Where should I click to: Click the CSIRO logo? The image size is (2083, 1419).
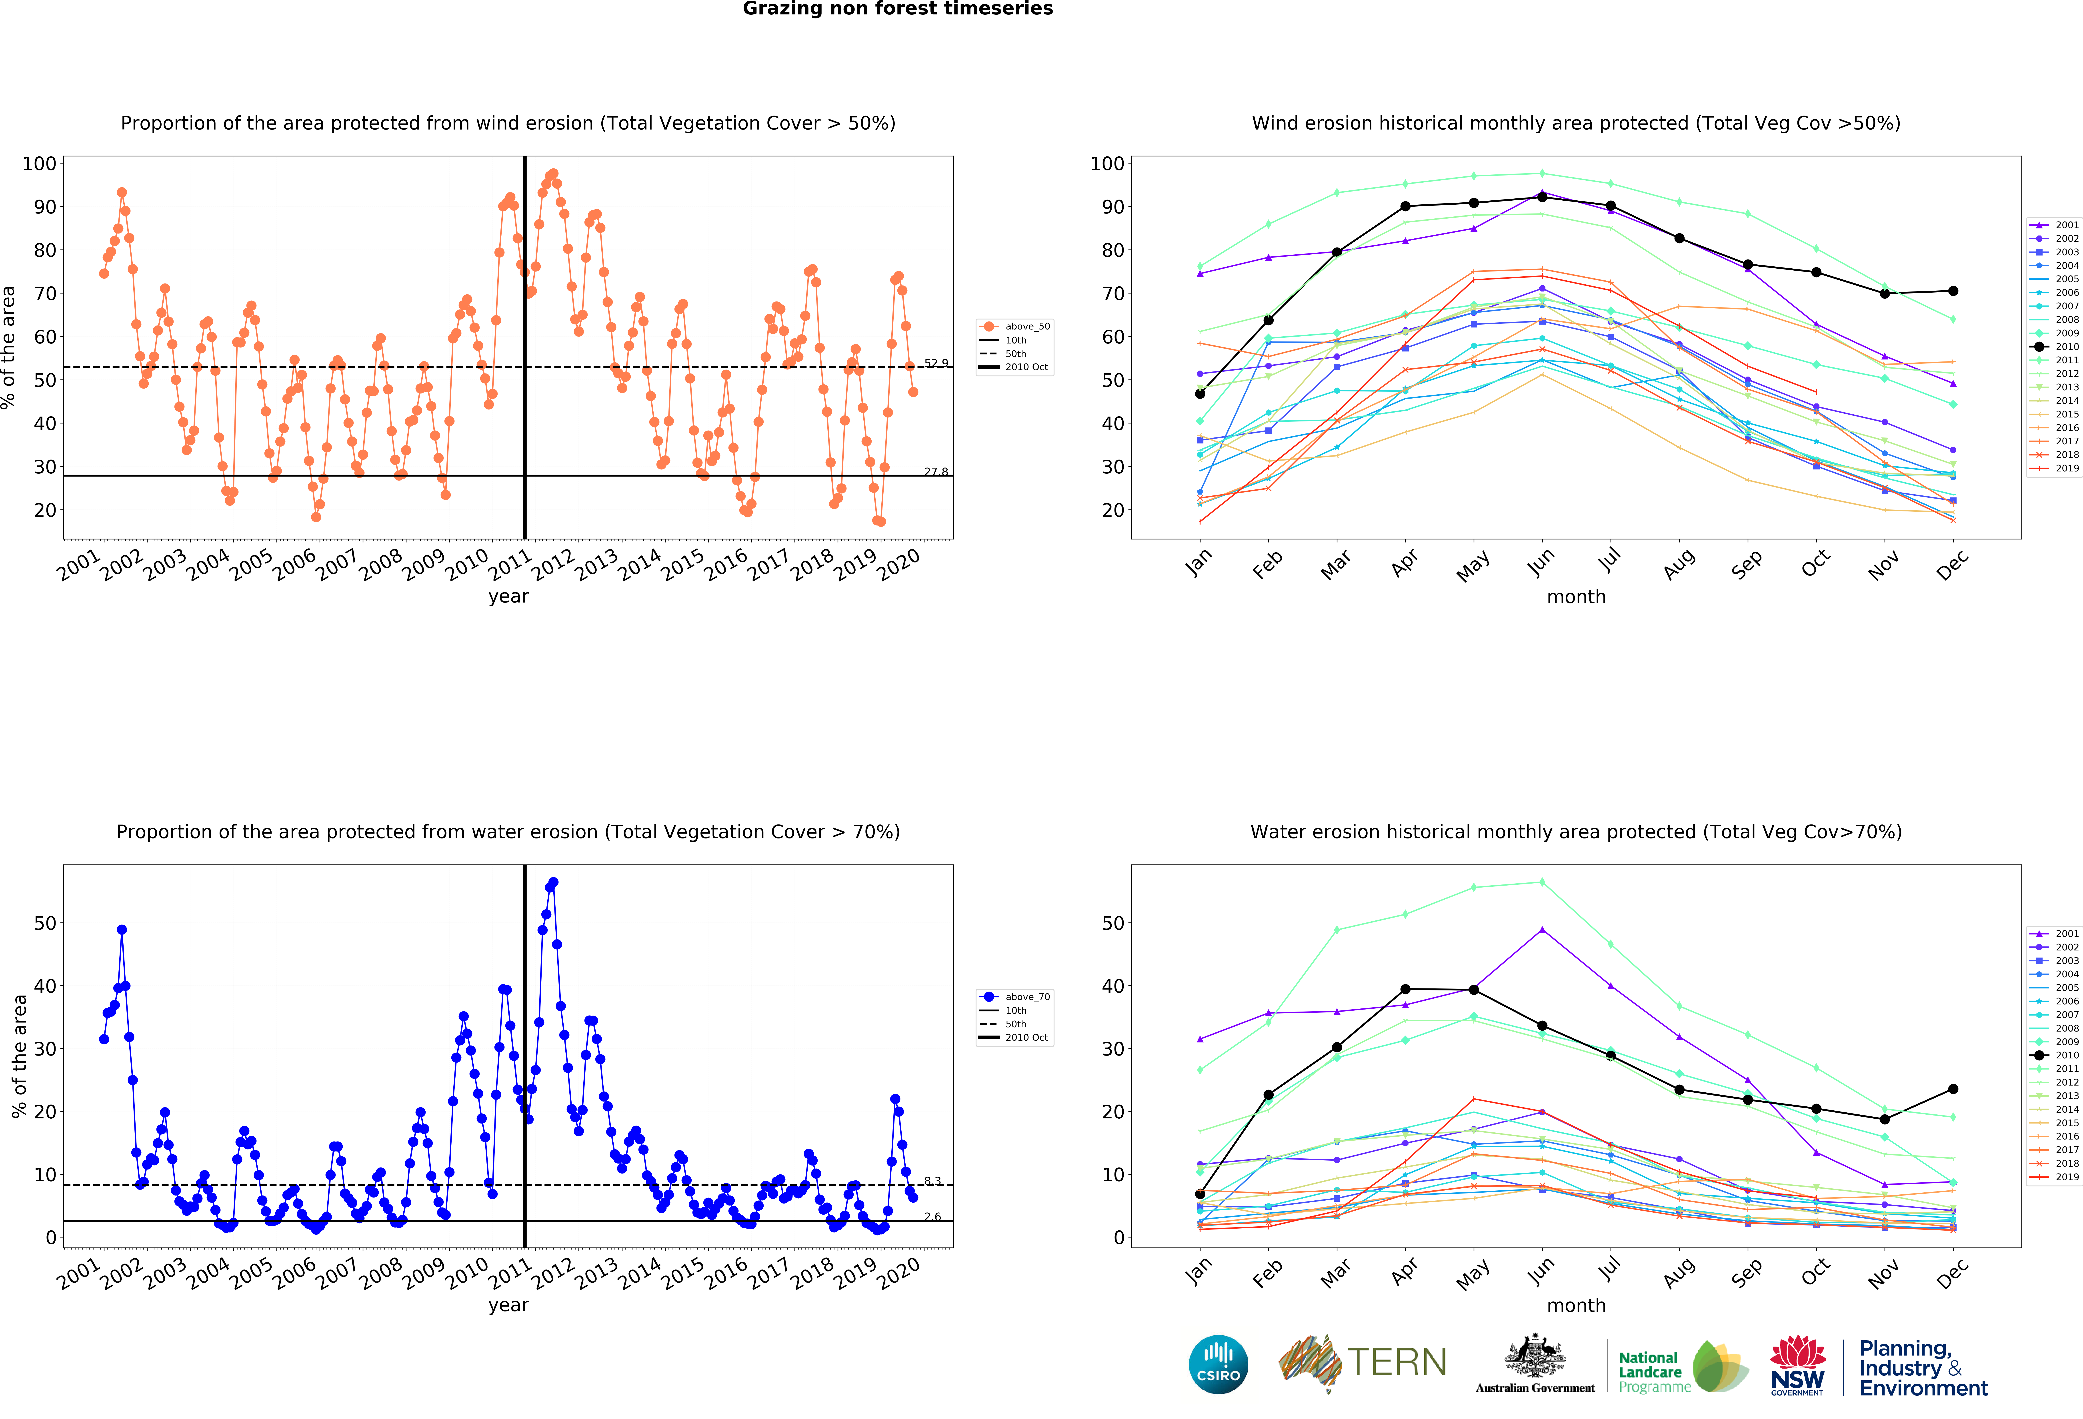(1218, 1364)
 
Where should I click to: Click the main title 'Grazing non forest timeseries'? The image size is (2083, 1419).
(897, 9)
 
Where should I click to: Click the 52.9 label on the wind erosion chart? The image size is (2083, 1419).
(936, 363)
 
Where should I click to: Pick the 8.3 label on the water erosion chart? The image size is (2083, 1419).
(932, 1181)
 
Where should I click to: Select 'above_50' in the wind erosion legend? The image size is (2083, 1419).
(1026, 326)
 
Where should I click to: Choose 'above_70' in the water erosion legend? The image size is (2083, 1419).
(1026, 996)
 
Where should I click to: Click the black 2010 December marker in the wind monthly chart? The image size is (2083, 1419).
(1953, 291)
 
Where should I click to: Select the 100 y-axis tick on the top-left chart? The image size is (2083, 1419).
(39, 163)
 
